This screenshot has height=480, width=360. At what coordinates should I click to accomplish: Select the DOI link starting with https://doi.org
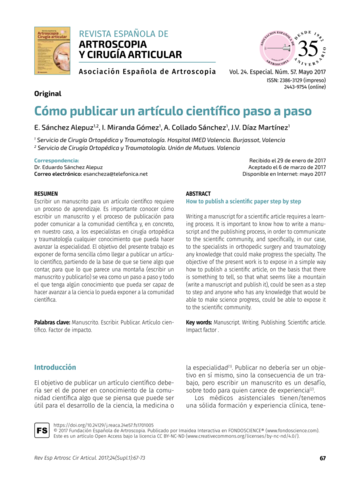pos(100,423)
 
